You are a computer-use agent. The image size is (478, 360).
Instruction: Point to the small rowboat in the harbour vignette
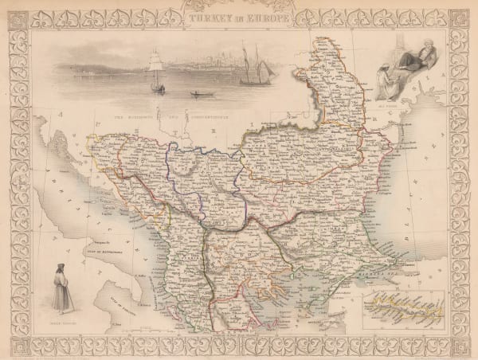click(197, 94)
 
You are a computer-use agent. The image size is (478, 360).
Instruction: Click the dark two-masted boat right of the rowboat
click(257, 70)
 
